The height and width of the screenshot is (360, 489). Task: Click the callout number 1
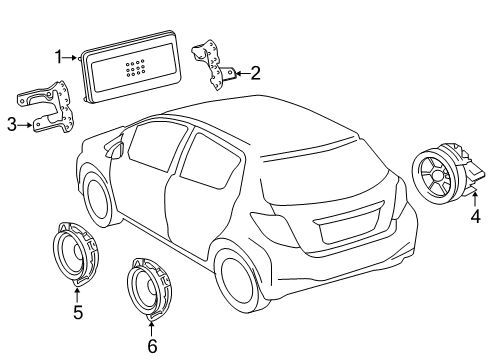click(x=58, y=57)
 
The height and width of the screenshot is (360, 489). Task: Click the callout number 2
click(x=255, y=72)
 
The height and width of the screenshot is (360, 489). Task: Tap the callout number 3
click(x=11, y=124)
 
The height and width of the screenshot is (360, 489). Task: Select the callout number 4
click(x=475, y=215)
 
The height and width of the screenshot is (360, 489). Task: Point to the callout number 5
click(x=77, y=312)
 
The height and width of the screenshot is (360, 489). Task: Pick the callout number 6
click(x=152, y=345)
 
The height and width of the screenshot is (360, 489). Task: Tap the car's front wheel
click(x=97, y=201)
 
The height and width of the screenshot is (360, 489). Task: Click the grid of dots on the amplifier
click(x=135, y=68)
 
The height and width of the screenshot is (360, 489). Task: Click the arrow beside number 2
click(x=238, y=72)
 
